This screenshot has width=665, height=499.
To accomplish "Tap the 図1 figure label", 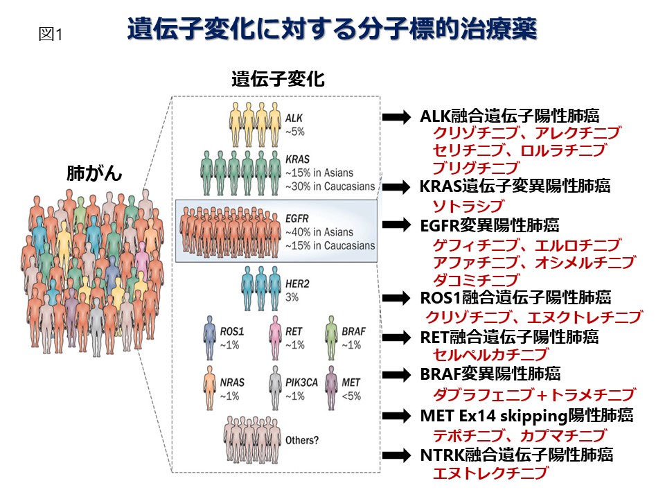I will coord(51,35).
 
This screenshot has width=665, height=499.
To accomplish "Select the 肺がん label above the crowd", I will coord(94,173).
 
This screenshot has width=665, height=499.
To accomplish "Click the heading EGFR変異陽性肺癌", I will coord(490,226).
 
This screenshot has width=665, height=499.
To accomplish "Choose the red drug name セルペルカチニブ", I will coord(490,355).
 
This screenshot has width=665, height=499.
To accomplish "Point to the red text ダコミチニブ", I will coord(475,280).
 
